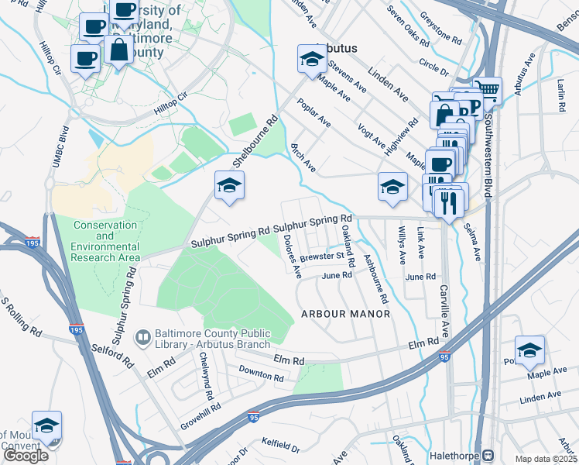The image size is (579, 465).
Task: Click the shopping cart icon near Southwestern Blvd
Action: (x=488, y=89)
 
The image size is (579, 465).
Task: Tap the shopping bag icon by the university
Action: (x=119, y=50)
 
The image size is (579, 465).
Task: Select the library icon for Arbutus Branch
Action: (x=143, y=337)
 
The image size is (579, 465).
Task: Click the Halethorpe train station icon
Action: (x=488, y=455)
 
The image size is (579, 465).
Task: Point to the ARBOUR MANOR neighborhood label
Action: (x=345, y=314)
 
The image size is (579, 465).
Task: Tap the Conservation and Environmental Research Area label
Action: (x=105, y=241)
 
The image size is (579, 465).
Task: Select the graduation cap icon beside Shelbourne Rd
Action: (x=229, y=185)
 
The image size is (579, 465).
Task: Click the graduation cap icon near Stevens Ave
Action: (x=312, y=59)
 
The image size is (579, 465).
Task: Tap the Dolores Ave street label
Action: (x=291, y=257)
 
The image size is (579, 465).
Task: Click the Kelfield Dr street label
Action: (x=281, y=446)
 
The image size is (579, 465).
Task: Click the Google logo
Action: (x=26, y=456)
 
